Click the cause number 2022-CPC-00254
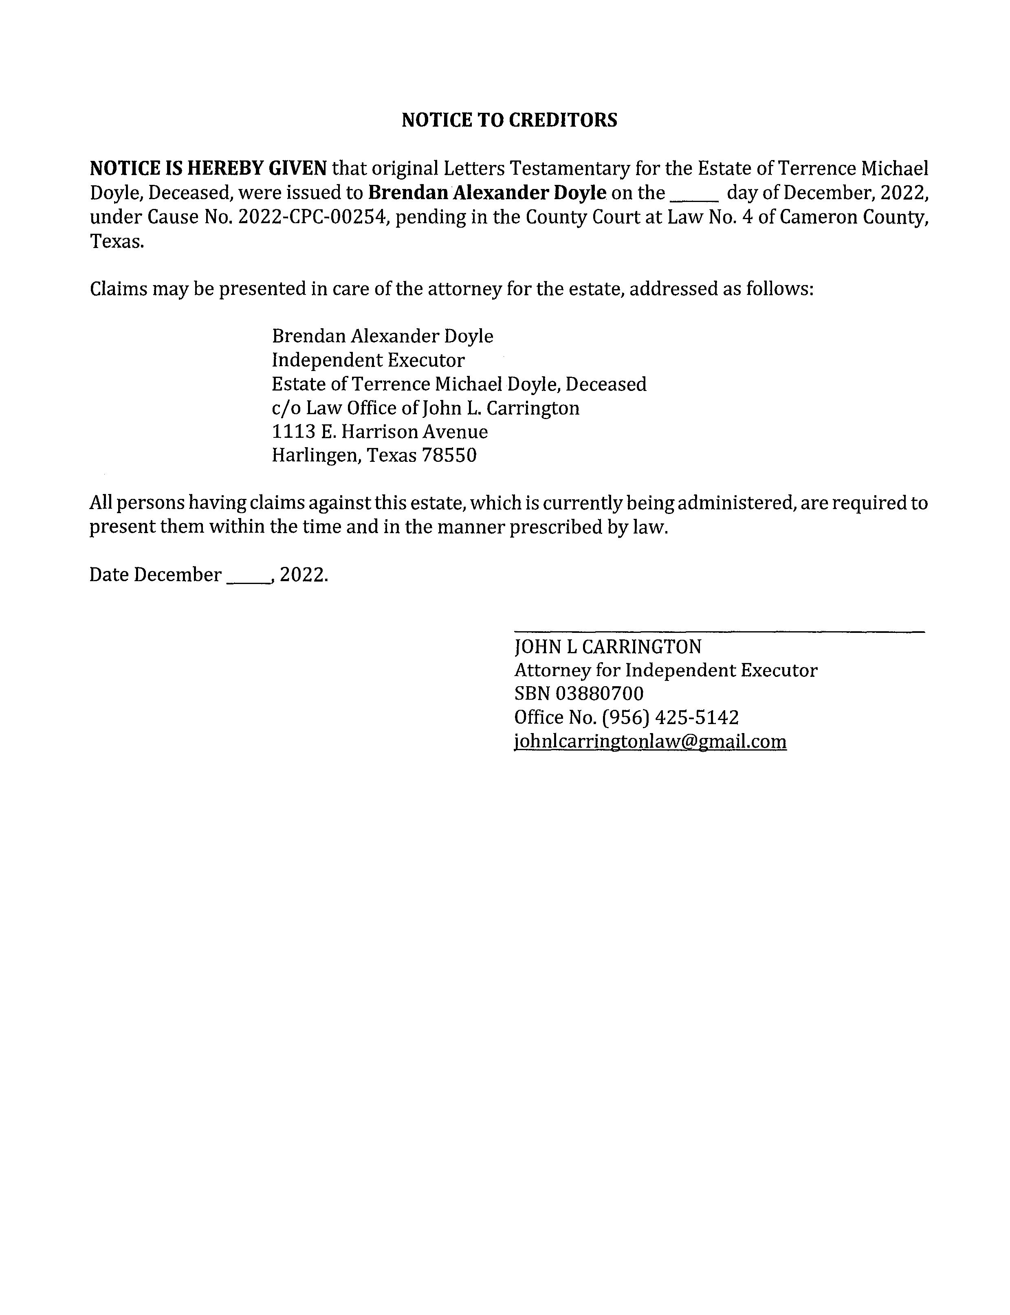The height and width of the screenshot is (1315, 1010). (311, 217)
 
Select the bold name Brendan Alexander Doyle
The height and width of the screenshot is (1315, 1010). (487, 193)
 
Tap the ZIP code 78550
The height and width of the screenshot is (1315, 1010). (449, 456)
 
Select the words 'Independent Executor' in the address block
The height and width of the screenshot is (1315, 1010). (368, 360)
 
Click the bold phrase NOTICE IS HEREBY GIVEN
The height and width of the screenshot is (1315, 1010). (208, 168)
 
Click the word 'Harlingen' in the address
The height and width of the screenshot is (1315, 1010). (316, 456)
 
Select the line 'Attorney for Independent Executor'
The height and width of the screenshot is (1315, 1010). (665, 670)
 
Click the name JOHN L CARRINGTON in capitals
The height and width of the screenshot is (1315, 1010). (607, 647)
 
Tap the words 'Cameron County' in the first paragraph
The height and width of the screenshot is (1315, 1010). (854, 217)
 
